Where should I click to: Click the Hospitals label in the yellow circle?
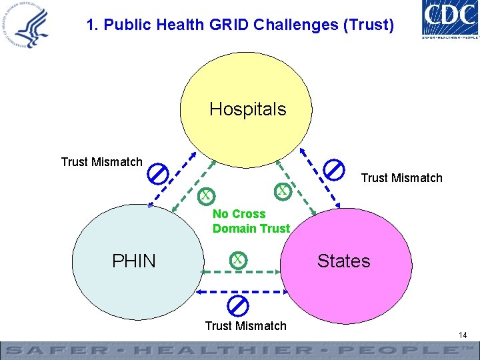(247, 109)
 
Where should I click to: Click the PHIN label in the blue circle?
(134, 261)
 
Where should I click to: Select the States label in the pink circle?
(343, 261)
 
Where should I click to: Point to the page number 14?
(462, 335)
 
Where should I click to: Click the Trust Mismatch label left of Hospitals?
(101, 162)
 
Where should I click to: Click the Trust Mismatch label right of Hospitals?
(401, 178)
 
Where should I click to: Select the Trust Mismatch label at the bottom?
(245, 326)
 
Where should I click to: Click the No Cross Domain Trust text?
(251, 221)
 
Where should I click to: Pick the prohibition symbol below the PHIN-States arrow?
(238, 305)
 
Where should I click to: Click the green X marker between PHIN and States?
(237, 259)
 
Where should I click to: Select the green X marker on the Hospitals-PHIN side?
(207, 195)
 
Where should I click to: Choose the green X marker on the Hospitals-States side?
(283, 191)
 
